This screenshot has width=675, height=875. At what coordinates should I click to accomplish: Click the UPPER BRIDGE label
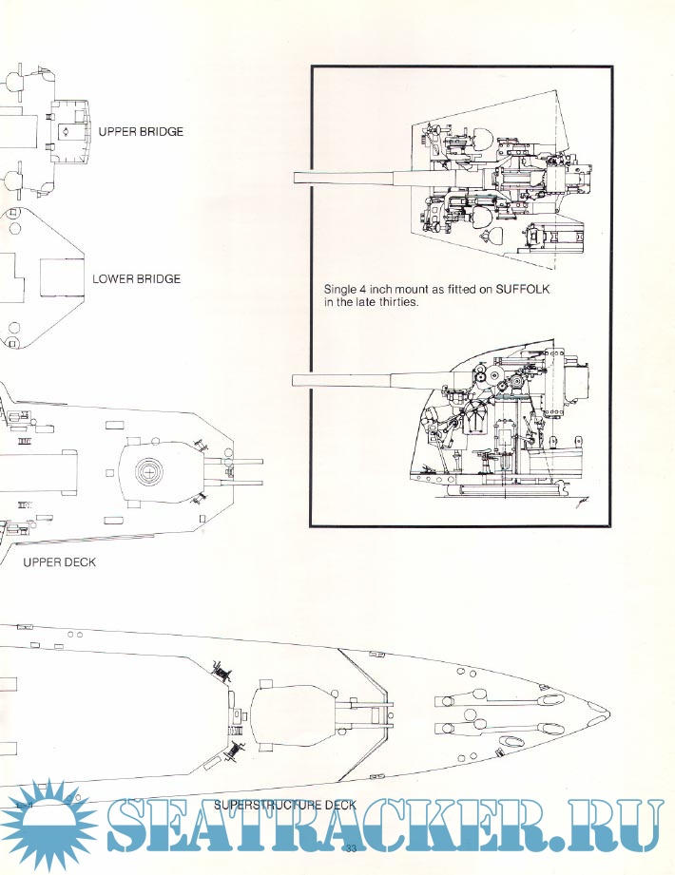(x=140, y=132)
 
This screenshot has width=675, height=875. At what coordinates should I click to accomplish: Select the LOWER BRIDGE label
(x=136, y=280)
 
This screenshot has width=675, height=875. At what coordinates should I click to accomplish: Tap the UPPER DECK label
(x=59, y=562)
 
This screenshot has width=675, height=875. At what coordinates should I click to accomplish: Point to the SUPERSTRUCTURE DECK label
(x=285, y=805)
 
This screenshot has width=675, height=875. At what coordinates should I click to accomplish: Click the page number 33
(x=352, y=848)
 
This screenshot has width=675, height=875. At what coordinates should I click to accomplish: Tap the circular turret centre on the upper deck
(x=149, y=468)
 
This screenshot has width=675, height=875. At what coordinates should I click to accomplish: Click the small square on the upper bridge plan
(x=64, y=133)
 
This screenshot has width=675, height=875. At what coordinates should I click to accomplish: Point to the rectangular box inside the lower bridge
(x=63, y=280)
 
